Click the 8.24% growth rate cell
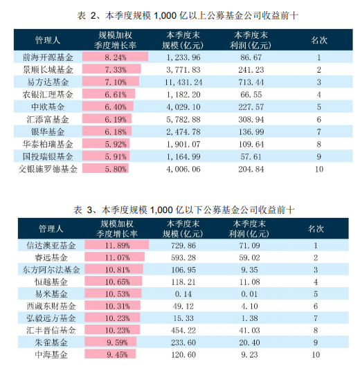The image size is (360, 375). (116, 57)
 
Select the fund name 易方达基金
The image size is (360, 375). (48, 82)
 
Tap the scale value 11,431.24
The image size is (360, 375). (183, 82)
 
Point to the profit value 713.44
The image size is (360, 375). (251, 82)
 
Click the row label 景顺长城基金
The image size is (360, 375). (48, 70)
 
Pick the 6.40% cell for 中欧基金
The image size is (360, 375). (116, 107)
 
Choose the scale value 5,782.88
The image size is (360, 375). (183, 119)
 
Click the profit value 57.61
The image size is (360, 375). (251, 156)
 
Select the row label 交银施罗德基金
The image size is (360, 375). (48, 169)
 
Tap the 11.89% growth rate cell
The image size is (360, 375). (117, 246)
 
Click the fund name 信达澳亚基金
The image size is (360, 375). (51, 246)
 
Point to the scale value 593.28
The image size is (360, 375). (183, 257)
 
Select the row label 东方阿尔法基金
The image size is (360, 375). (51, 270)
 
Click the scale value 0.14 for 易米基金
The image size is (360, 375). (183, 294)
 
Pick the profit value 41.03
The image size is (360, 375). (249, 330)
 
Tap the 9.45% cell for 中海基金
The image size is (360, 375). (117, 354)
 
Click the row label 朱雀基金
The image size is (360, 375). (51, 342)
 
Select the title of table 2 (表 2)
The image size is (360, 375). (188, 16)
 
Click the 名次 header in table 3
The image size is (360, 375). (316, 229)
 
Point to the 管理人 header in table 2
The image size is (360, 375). (48, 40)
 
